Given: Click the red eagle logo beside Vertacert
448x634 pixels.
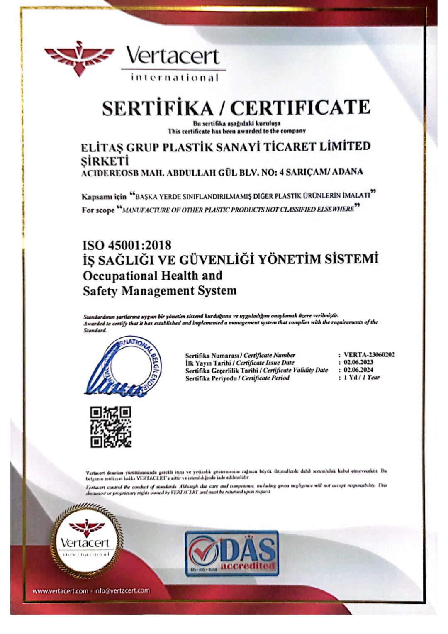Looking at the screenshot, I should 78,58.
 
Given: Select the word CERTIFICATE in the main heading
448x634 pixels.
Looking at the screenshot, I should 300,107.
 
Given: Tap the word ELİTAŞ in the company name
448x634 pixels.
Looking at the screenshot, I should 100,147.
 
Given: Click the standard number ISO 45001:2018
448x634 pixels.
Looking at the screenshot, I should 127,245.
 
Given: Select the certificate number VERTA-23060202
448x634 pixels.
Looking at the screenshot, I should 369,355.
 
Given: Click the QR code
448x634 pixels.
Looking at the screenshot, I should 111,427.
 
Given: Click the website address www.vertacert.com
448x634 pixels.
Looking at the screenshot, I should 61,590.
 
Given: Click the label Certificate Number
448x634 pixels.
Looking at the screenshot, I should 269,355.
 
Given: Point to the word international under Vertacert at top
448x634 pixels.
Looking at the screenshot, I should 174,78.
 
